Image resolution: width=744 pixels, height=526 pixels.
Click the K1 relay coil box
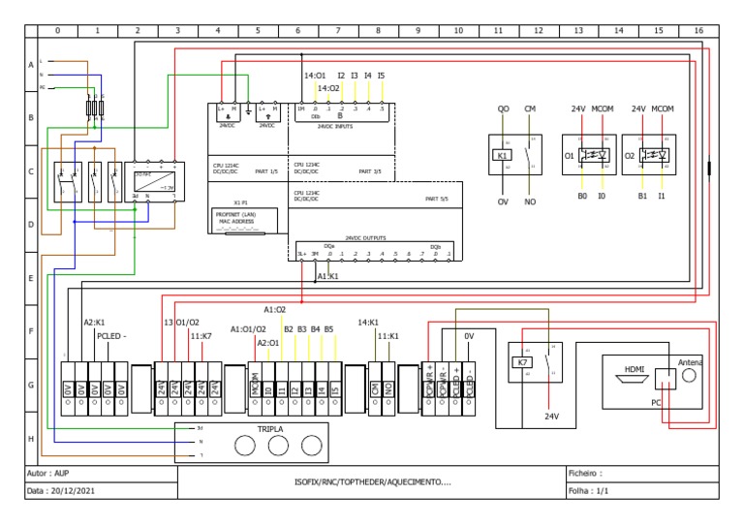(502, 155)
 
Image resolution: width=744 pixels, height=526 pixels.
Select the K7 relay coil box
(522, 362)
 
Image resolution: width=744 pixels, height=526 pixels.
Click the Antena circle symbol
(689, 375)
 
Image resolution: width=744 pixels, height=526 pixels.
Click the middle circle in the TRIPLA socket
(278, 445)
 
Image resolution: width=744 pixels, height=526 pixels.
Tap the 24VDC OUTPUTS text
(365, 237)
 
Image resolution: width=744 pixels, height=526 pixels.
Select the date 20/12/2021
(77, 492)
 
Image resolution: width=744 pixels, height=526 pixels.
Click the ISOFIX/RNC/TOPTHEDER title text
(372, 481)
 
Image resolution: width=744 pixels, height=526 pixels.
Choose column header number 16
(697, 30)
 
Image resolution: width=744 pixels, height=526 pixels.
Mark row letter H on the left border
(31, 439)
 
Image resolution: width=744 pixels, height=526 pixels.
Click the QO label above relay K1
(503, 109)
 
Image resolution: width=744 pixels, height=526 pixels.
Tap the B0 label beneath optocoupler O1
(583, 196)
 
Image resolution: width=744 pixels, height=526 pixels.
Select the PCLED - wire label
(111, 336)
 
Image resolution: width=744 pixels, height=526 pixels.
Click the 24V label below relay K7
(551, 417)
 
